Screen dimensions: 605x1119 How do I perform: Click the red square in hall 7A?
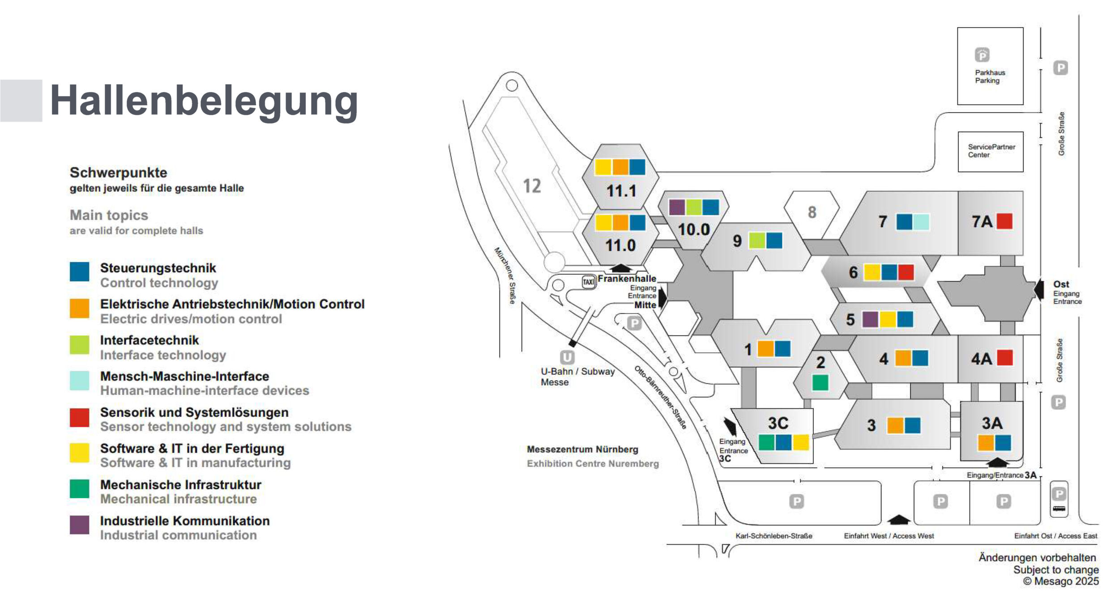coord(1004,221)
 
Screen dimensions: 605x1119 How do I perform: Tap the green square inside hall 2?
coord(820,382)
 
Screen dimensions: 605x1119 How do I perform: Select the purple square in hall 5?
coord(870,319)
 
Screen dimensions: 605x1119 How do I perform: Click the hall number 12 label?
coord(532,186)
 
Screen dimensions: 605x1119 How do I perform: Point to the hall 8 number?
coord(812,212)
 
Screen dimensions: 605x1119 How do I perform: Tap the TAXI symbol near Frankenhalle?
coord(588,282)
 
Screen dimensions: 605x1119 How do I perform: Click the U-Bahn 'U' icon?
coord(567,357)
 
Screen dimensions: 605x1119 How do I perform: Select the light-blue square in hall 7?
coord(921,222)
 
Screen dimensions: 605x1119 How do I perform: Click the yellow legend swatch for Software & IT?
coord(79,452)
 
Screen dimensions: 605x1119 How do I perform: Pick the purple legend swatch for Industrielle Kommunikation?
coord(79,525)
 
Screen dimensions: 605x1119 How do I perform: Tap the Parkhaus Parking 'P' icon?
coord(982,55)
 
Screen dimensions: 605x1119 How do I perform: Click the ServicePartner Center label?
coord(991,151)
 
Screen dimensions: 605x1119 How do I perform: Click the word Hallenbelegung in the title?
coord(204,102)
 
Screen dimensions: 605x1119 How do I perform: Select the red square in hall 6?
coord(906,272)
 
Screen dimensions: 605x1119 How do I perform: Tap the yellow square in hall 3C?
coord(801,442)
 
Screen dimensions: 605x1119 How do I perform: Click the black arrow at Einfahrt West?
coord(898,520)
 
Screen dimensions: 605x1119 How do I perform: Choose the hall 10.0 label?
coord(693,230)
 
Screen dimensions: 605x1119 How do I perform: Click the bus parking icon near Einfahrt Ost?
coord(1059,508)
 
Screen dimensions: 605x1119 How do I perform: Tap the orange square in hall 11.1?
coord(620,167)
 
